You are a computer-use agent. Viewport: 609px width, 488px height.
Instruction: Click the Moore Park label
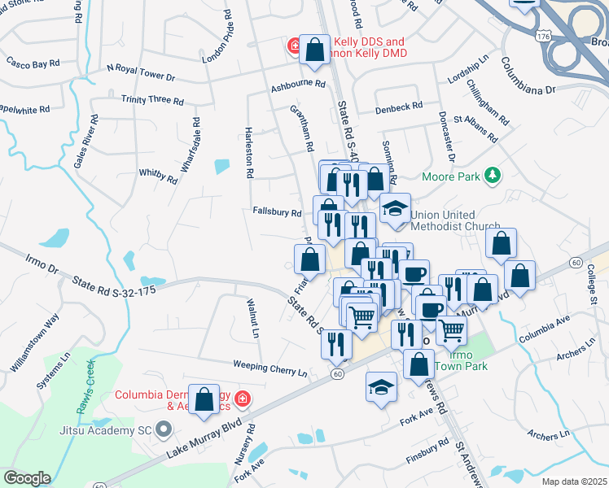click(449, 176)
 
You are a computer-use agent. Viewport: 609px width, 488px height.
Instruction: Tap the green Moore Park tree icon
click(491, 176)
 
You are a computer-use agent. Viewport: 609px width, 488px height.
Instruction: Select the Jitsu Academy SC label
click(107, 429)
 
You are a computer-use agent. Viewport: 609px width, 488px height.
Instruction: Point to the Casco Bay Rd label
click(33, 63)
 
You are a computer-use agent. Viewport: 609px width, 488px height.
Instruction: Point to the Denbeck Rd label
click(399, 107)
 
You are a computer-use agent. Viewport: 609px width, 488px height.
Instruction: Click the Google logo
click(26, 478)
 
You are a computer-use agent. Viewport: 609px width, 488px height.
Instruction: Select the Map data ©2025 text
click(574, 481)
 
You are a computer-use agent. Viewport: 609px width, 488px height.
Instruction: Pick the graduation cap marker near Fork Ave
click(381, 387)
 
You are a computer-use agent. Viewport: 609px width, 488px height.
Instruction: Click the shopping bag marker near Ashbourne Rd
click(314, 50)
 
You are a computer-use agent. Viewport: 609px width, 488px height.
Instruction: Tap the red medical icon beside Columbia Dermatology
click(243, 399)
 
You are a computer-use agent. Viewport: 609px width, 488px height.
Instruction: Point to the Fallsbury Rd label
click(278, 213)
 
